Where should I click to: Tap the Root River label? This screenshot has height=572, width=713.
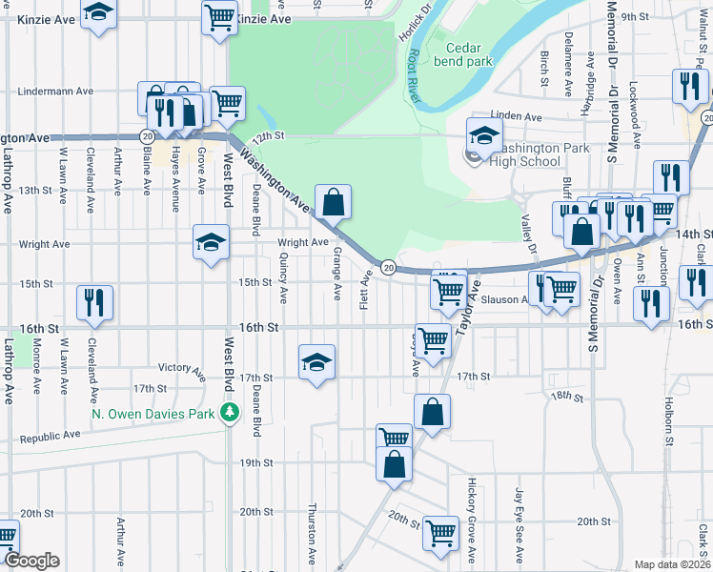click(x=414, y=74)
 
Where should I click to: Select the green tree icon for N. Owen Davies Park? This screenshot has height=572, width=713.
click(x=229, y=413)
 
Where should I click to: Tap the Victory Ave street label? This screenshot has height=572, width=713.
click(x=182, y=367)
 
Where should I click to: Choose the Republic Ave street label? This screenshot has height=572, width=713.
click(x=51, y=436)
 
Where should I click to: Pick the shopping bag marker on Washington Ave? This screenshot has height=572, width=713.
click(x=334, y=202)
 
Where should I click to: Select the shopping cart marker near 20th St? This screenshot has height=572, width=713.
click(x=441, y=533)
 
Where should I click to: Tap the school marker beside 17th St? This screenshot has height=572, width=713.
click(x=317, y=362)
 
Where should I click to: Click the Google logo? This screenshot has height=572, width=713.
click(x=31, y=561)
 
